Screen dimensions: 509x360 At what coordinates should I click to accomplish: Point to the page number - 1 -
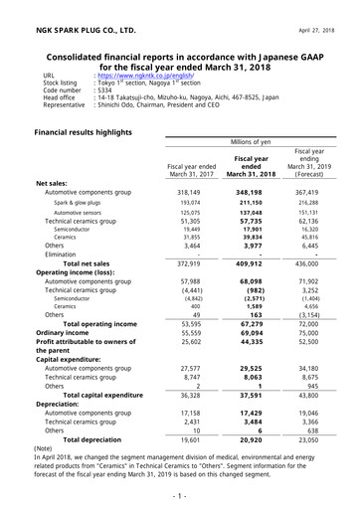pos(179,494)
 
